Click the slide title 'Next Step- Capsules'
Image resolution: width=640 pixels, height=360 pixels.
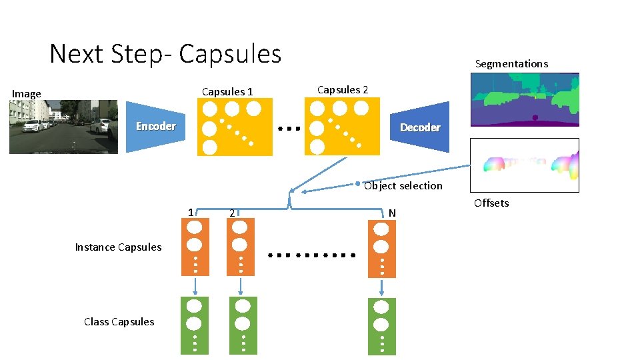(x=165, y=53)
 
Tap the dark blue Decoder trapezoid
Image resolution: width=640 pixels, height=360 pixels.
(x=419, y=127)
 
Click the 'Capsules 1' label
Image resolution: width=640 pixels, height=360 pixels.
(x=227, y=91)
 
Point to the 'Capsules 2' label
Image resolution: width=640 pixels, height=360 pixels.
(x=342, y=89)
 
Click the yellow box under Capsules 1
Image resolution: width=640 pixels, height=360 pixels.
(x=235, y=127)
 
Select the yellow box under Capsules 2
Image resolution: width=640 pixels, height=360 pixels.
(x=342, y=126)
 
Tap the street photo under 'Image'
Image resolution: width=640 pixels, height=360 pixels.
(x=63, y=127)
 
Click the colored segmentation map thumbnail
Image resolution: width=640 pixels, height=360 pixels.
(x=525, y=99)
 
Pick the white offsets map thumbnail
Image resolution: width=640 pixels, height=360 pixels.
(x=525, y=165)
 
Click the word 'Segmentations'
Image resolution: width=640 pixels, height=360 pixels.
(x=511, y=64)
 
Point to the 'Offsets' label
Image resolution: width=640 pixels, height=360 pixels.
(x=491, y=203)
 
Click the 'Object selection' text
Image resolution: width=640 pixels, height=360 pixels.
(x=403, y=185)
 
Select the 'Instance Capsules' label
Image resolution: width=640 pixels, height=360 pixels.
(x=118, y=247)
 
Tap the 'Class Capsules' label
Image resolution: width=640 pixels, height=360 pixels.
(x=119, y=322)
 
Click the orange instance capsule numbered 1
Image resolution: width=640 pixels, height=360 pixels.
(x=195, y=247)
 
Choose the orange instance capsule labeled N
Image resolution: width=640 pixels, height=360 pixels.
(x=381, y=249)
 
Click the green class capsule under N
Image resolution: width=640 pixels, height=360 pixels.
(x=381, y=325)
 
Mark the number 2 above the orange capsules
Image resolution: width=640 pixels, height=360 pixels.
(x=231, y=214)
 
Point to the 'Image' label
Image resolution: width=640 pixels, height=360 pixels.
(x=27, y=94)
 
